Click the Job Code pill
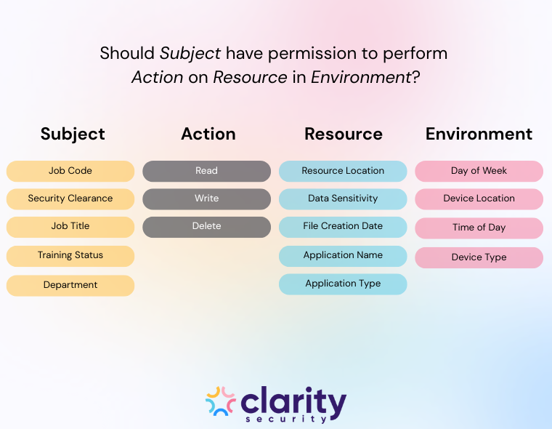pos(70,171)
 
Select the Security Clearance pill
pos(70,199)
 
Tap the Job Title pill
pos(70,226)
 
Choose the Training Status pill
pos(70,255)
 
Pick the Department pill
pos(70,285)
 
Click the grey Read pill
pos(206,171)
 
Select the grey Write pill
pos(206,199)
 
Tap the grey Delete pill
pos(206,226)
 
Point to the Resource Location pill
pos(343,171)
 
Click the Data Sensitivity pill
pos(343,199)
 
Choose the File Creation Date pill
pos(343,226)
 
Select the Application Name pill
pos(343,255)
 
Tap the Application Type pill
pos(343,284)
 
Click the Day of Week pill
pos(479,171)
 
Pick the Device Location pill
pos(479,199)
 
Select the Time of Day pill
pos(479,228)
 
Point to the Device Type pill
pos(479,257)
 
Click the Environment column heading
pos(479,135)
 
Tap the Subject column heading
pos(73,135)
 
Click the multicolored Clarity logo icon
pos(221,401)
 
